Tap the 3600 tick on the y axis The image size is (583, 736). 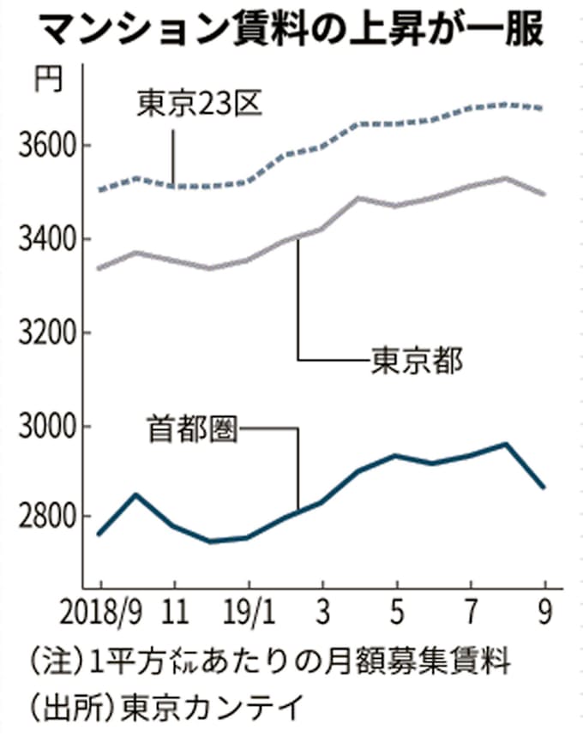43,145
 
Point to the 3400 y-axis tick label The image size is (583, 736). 43,239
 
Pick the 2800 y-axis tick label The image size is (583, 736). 43,518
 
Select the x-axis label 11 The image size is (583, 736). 175,614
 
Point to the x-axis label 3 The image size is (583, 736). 322,614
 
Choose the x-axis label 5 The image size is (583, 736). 396,614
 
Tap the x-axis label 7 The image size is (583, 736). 470,614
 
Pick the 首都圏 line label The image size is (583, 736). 191,426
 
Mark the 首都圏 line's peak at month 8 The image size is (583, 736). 506,444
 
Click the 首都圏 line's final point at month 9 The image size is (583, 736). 543,488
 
